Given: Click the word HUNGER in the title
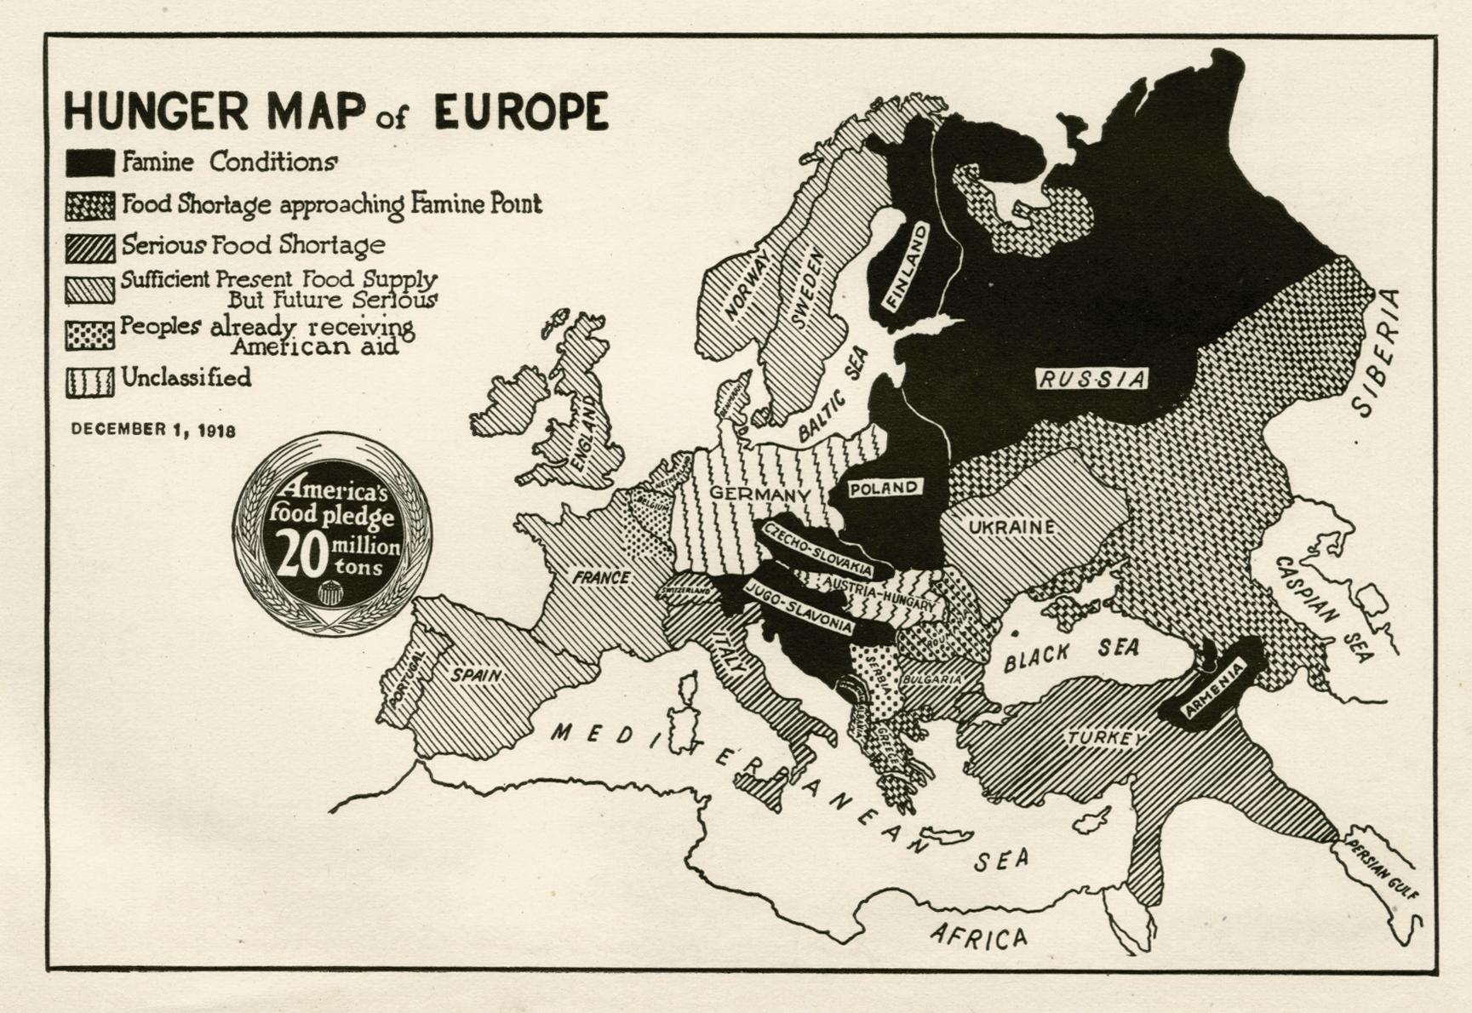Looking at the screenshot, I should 155,112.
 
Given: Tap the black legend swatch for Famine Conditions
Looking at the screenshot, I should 90,163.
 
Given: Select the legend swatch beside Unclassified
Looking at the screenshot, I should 90,382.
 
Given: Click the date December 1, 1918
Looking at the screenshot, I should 153,429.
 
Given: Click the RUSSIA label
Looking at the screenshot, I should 1092,379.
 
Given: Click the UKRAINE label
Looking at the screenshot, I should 1011,528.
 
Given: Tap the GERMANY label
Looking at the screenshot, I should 759,495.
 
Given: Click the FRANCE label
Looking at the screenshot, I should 601,578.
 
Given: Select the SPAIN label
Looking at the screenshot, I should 476,676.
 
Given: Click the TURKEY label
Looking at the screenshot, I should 1105,738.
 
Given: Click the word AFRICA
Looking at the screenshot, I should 979,936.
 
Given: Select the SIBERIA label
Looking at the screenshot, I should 1377,352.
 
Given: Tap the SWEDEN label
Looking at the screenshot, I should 807,287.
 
